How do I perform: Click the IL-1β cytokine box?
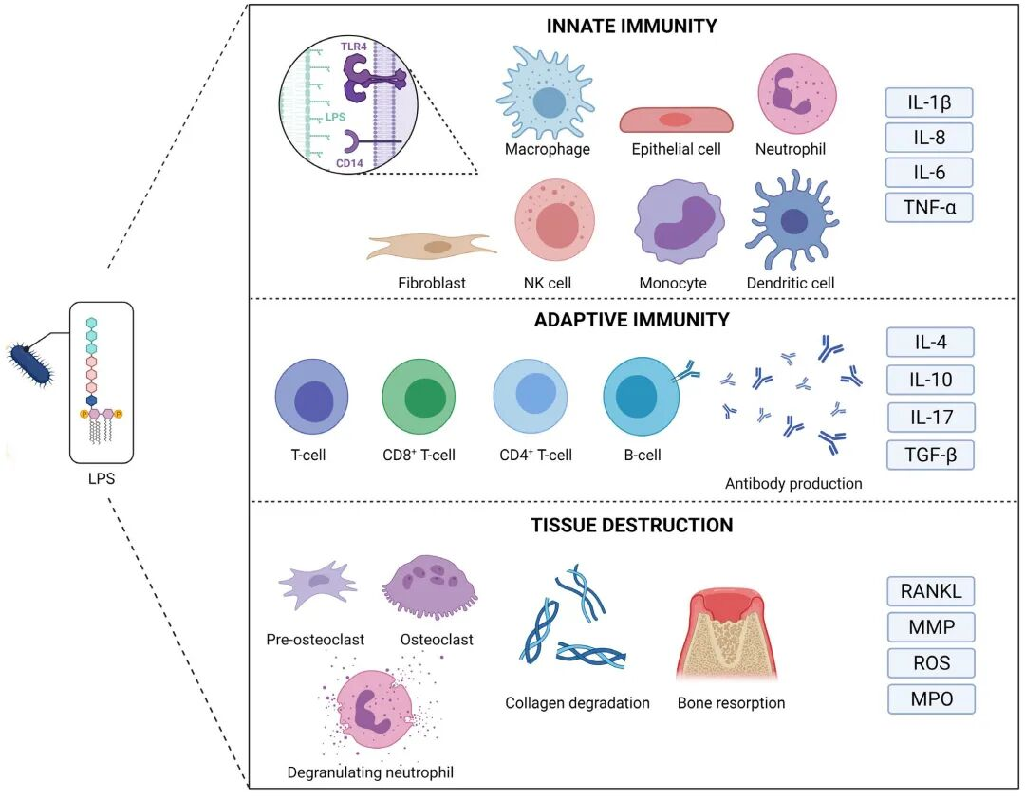pyautogui.click(x=929, y=102)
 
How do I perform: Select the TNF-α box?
pyautogui.click(x=929, y=206)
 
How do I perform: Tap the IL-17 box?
pyautogui.click(x=929, y=417)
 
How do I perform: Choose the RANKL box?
pyautogui.click(x=930, y=591)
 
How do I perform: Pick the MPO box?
pyautogui.click(x=930, y=699)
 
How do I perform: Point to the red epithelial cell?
pyautogui.click(x=676, y=120)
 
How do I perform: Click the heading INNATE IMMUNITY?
pyautogui.click(x=631, y=27)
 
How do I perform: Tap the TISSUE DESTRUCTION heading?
pyautogui.click(x=631, y=525)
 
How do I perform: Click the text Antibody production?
pyautogui.click(x=793, y=484)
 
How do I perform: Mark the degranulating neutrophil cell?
pyautogui.click(x=367, y=715)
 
